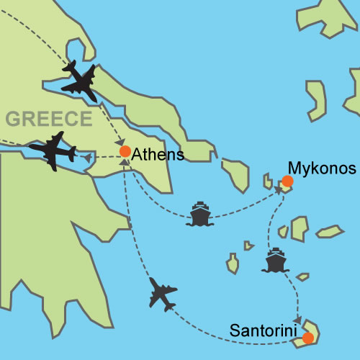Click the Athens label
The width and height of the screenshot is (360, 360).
pos(158,153)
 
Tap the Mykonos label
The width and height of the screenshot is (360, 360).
pos(322,168)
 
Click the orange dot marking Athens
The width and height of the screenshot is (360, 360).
pos(125,152)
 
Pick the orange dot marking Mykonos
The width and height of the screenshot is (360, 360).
pos(287,182)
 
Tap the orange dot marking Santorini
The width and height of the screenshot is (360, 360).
pos(308,338)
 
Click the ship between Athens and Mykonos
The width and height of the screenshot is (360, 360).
pos(199,215)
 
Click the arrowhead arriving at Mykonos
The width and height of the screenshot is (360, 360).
pos(278,192)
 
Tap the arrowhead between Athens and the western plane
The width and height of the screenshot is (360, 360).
pos(88,156)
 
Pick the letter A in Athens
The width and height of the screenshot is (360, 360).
pos(138,153)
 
